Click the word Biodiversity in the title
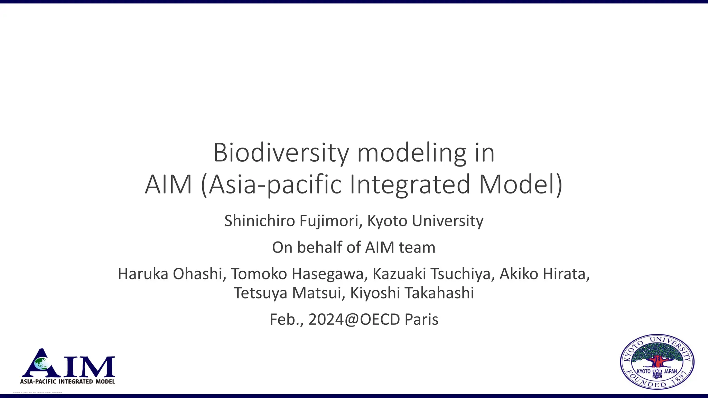pyautogui.click(x=281, y=153)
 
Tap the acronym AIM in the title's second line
pyautogui.click(x=168, y=185)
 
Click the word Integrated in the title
pyautogui.click(x=410, y=185)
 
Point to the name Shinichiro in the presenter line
pyautogui.click(x=260, y=221)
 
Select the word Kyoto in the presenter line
pyautogui.click(x=387, y=221)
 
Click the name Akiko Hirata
pyautogui.click(x=544, y=274)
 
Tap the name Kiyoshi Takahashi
pyautogui.click(x=412, y=293)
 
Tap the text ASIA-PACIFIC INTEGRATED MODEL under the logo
pyautogui.click(x=68, y=381)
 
